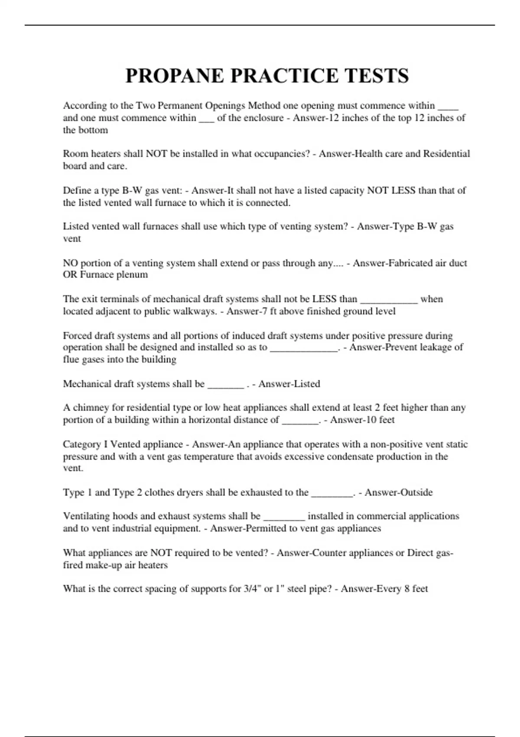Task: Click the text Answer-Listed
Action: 289,384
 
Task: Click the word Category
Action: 82,444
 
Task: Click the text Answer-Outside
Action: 398,492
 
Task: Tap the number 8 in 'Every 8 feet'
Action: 407,589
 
